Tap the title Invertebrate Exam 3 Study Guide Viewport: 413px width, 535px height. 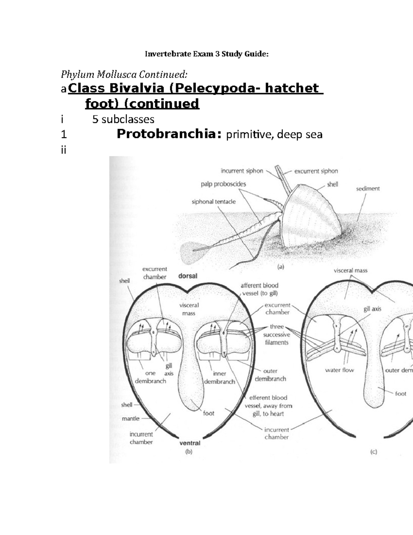click(206, 54)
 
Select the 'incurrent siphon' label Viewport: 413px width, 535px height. click(242, 171)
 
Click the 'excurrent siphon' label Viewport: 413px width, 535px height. click(316, 171)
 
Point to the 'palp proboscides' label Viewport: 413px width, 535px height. click(223, 184)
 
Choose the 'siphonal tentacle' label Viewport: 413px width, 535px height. click(214, 202)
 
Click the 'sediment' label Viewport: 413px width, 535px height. click(368, 188)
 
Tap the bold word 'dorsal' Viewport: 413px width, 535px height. click(188, 276)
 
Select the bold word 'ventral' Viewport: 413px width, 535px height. click(190, 443)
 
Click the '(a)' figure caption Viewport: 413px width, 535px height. click(280, 267)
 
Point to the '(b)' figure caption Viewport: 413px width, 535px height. click(189, 452)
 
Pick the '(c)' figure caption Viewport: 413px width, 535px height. click(373, 452)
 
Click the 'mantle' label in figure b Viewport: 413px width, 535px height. click(130, 419)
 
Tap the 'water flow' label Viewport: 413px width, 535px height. click(339, 370)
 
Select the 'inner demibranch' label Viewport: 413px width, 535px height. click(219, 378)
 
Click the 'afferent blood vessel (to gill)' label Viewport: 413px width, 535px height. click(260, 289)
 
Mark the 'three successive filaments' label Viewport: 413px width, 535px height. click(277, 334)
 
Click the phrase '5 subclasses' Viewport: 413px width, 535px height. click(123, 119)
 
